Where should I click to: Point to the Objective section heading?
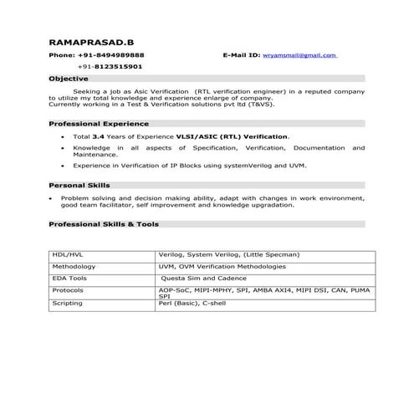(69, 78)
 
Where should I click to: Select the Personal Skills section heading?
(79, 185)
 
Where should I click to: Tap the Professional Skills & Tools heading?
(104, 224)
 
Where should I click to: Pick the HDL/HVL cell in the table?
(69, 254)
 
